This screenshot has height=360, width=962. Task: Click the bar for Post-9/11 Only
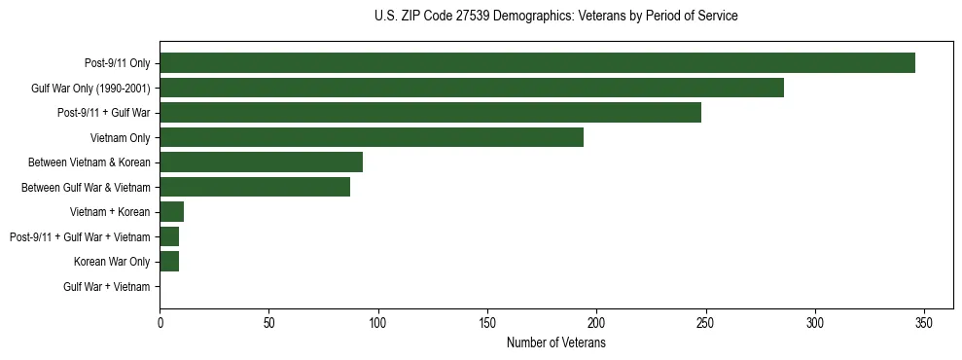tap(537, 63)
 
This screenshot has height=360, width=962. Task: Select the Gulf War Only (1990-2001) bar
tap(472, 89)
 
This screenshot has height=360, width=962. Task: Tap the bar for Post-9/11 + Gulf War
tap(430, 113)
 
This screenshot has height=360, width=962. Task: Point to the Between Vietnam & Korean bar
tap(261, 162)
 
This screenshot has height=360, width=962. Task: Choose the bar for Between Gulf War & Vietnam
tap(255, 188)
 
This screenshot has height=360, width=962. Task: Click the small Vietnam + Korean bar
tap(172, 212)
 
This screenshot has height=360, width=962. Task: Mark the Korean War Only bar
tap(169, 262)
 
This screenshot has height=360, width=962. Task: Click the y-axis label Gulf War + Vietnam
tap(107, 287)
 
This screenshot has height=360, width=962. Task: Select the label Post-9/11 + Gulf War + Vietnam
tap(80, 237)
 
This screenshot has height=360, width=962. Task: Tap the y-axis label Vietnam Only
tap(121, 138)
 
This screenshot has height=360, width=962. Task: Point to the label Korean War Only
tap(112, 262)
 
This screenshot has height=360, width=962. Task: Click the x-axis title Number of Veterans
tap(555, 343)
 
